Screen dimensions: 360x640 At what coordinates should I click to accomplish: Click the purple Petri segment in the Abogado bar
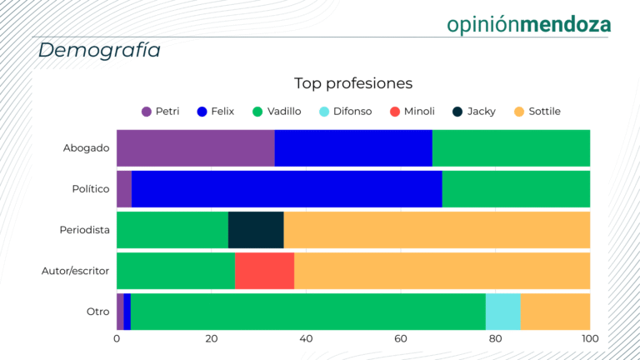point(195,148)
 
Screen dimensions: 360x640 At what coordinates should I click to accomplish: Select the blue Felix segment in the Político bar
point(287,188)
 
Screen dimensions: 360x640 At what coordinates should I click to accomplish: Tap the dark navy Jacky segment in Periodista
point(256,229)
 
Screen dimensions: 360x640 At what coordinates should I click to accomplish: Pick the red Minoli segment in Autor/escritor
point(264,270)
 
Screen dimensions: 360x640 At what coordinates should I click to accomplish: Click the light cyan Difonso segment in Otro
point(502,311)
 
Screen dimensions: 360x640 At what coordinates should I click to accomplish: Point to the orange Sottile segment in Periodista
point(437,229)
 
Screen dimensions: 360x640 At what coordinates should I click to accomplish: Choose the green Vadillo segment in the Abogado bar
point(511,148)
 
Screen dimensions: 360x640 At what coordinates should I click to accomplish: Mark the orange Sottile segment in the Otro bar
point(555,311)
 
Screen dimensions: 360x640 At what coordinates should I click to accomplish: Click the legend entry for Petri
point(161,111)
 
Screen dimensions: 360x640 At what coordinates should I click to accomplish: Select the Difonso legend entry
point(341,111)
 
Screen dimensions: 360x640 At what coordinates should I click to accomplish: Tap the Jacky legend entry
point(474,111)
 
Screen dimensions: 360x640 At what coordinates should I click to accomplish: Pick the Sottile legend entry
point(537,111)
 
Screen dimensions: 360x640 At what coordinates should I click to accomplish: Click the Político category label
point(90,189)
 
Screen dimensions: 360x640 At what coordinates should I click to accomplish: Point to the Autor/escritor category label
point(76,271)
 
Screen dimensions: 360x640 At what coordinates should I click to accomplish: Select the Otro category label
point(97,312)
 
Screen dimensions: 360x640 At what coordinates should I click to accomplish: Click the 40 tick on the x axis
point(306,339)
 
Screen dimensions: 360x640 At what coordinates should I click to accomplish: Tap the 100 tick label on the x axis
point(589,339)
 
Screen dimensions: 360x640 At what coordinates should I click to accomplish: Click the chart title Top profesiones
point(353,83)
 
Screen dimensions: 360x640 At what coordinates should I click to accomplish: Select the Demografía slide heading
point(99,50)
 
